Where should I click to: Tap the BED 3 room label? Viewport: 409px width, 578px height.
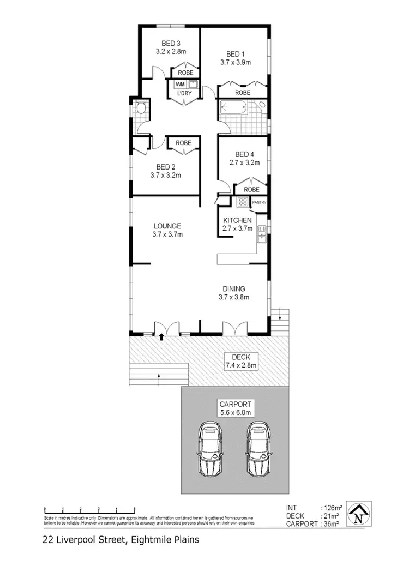[171, 44]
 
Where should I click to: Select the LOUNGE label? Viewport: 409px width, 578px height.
[167, 226]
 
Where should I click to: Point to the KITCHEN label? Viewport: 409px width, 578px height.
[237, 220]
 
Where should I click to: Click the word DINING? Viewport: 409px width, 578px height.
[233, 289]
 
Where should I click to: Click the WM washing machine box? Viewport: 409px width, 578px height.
[179, 85]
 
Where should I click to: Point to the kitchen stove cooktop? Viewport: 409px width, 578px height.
[243, 202]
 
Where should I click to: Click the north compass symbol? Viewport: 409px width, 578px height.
[358, 515]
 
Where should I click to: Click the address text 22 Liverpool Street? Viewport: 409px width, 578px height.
[82, 540]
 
